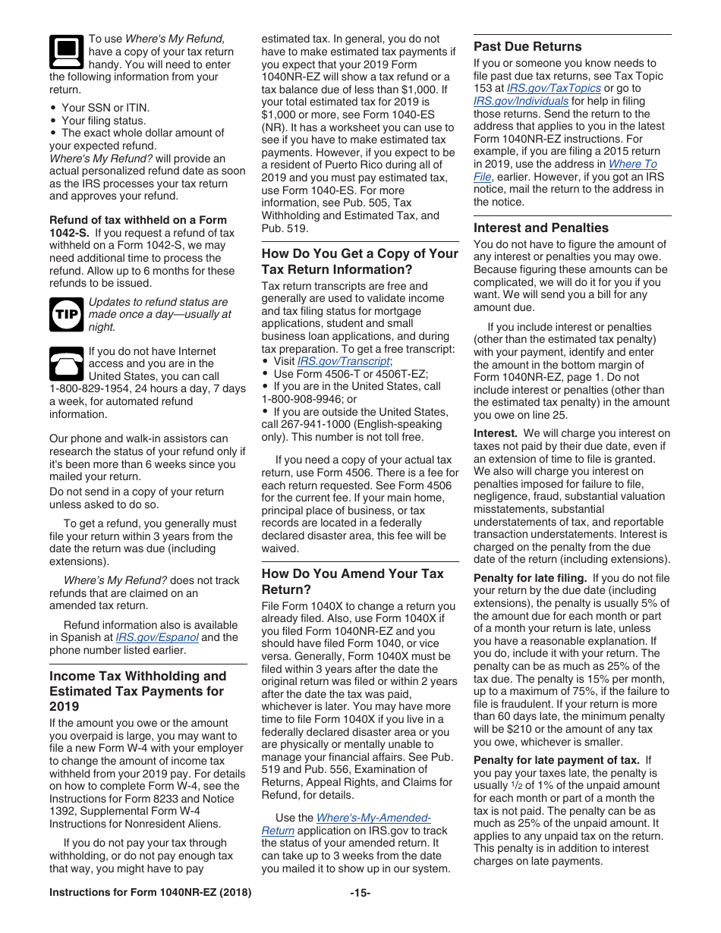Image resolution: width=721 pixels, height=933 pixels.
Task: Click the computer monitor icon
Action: click(66, 52)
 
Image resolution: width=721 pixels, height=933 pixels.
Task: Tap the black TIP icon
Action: click(66, 314)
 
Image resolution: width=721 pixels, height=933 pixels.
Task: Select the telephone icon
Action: click(66, 364)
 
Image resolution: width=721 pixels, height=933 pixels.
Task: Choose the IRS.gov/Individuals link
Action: click(521, 101)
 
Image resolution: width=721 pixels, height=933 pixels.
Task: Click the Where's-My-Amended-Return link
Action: click(373, 818)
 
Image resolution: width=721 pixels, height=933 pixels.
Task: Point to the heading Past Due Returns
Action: click(527, 46)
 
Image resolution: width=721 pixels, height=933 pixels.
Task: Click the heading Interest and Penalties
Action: click(540, 228)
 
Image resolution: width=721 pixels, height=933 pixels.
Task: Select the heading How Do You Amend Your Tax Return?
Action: click(352, 581)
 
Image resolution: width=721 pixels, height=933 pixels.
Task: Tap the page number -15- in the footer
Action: click(360, 893)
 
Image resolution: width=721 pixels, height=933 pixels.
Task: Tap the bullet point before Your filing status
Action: click(53, 121)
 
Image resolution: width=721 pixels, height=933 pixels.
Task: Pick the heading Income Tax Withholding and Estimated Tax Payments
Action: click(137, 683)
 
